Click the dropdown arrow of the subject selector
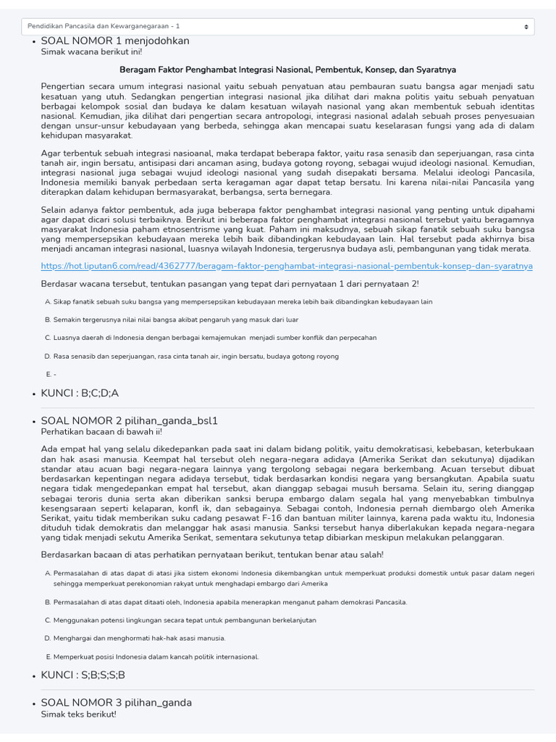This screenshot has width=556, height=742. pyautogui.click(x=526, y=26)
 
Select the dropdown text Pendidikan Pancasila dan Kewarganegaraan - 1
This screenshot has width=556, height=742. pyautogui.click(x=104, y=26)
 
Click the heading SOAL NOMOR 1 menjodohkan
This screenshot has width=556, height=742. pyautogui.click(x=114, y=41)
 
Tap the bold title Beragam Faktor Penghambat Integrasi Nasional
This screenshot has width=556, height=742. pyautogui.click(x=287, y=70)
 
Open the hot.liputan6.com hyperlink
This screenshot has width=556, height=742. pyautogui.click(x=287, y=266)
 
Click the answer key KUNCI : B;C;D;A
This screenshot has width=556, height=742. pyautogui.click(x=80, y=393)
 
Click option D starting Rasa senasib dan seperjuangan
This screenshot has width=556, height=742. pyautogui.click(x=195, y=356)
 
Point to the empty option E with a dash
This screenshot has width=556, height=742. pyautogui.click(x=51, y=374)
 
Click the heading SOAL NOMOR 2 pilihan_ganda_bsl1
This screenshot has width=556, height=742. pyautogui.click(x=129, y=420)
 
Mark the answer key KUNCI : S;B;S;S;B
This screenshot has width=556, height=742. pyautogui.click(x=83, y=675)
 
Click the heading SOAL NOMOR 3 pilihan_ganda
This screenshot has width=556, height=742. pyautogui.click(x=116, y=703)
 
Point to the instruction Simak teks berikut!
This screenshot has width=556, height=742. pyautogui.click(x=78, y=714)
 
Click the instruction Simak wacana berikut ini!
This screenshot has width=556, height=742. pyautogui.click(x=91, y=52)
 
